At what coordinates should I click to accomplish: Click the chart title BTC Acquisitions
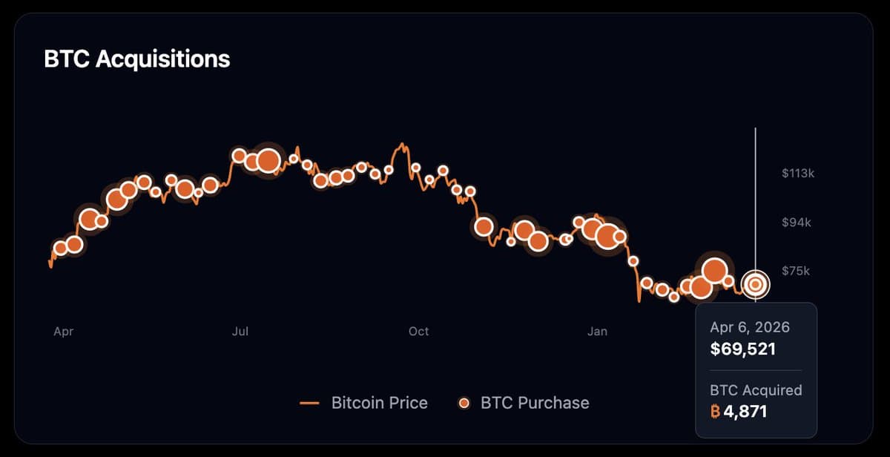137,59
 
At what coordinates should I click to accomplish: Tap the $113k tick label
798,174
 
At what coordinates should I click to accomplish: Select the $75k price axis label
796,272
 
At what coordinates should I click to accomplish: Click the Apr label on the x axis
64,332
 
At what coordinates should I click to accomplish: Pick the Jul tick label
240,332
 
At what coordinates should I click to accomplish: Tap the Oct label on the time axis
418,332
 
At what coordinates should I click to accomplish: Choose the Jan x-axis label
597,332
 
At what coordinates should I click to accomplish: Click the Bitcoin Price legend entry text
379,403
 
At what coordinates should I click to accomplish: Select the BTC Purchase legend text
535,403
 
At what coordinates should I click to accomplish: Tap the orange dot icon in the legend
464,403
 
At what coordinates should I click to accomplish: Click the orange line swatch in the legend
309,403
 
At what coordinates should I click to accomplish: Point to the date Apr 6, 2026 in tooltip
750,327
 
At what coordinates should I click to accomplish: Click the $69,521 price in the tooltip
742,349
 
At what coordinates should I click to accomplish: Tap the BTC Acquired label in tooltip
756,389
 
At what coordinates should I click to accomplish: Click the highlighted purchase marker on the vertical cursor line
756,283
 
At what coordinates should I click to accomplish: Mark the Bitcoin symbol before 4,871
715,411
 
